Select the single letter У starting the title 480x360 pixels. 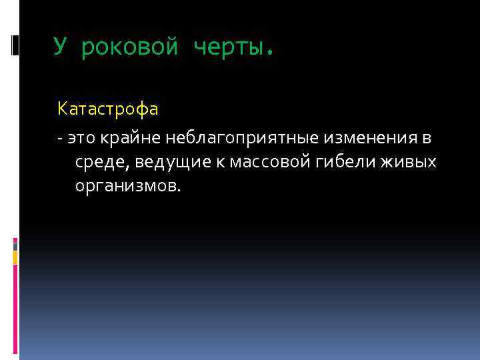point(61,47)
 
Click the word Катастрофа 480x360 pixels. point(108,107)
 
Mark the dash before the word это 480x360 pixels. point(61,139)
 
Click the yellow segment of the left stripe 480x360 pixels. point(15,257)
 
